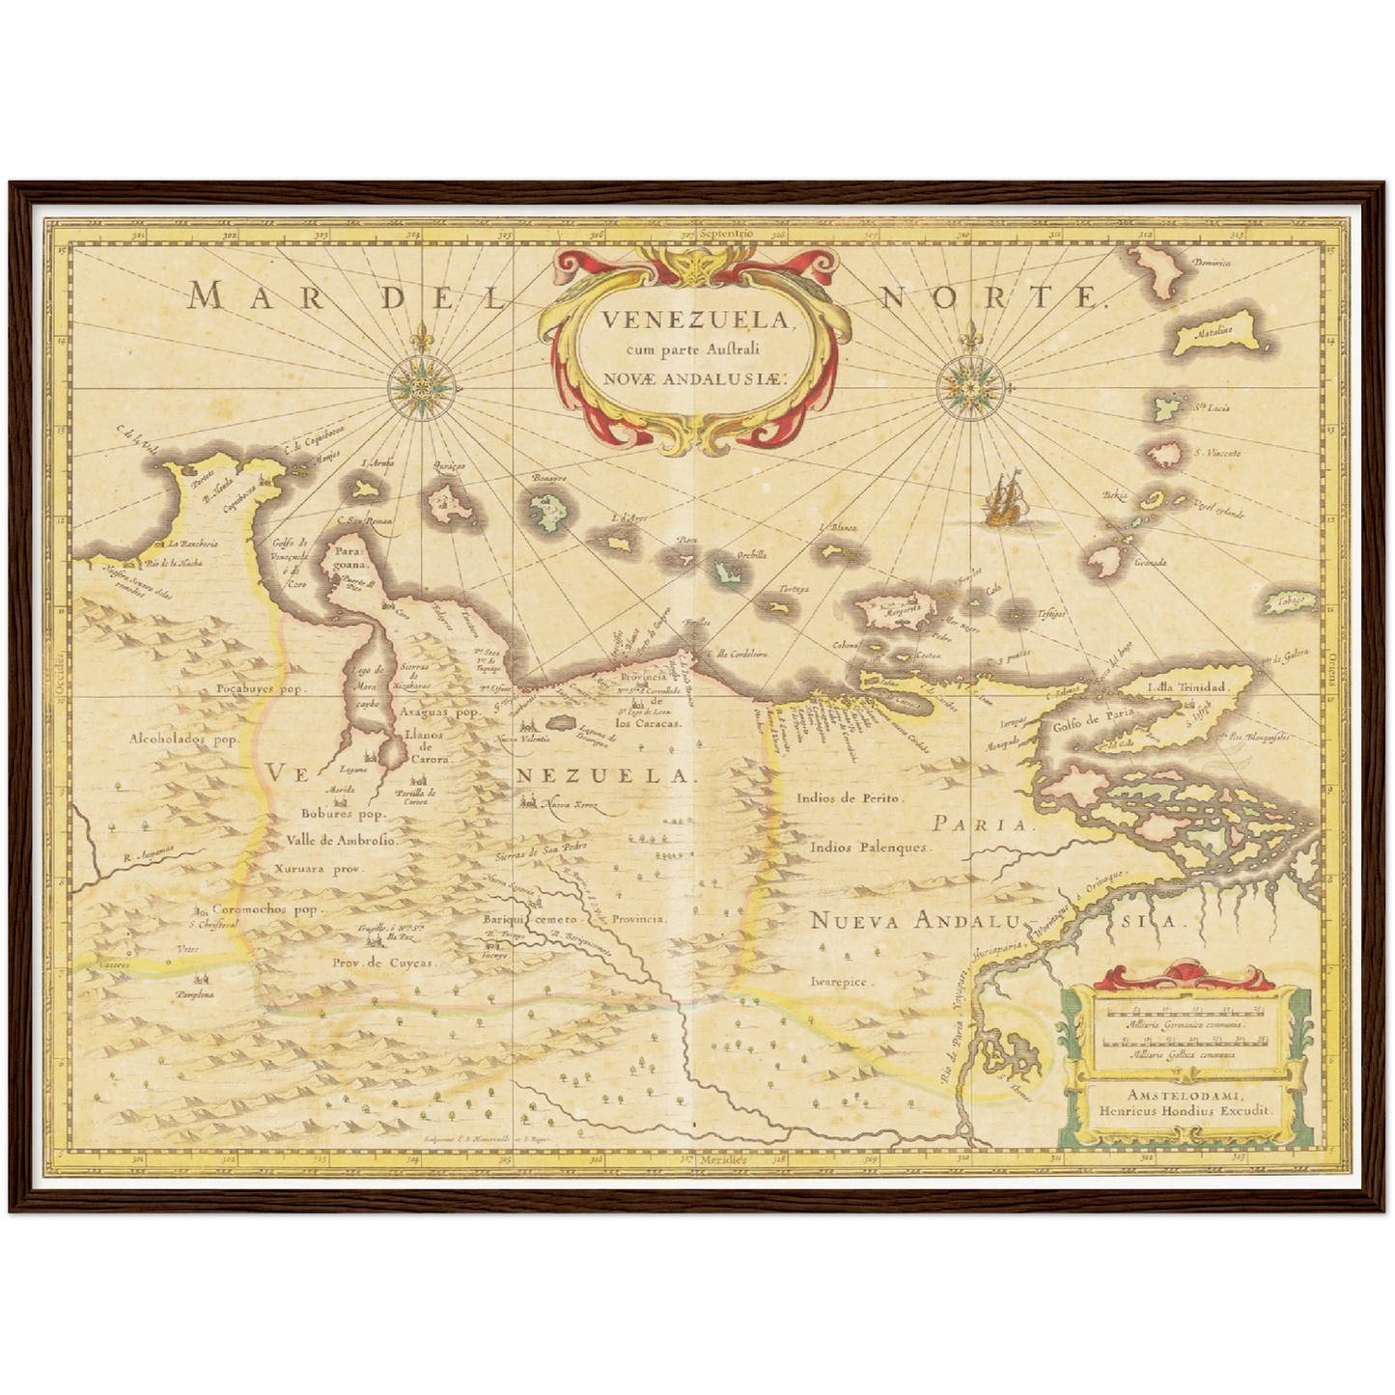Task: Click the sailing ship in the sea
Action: (x=1004, y=500)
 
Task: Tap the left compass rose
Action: (x=421, y=387)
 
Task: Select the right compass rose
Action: (x=970, y=389)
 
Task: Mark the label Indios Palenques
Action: (x=869, y=848)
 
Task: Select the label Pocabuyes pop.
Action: (x=260, y=689)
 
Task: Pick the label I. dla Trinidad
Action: (x=1186, y=687)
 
